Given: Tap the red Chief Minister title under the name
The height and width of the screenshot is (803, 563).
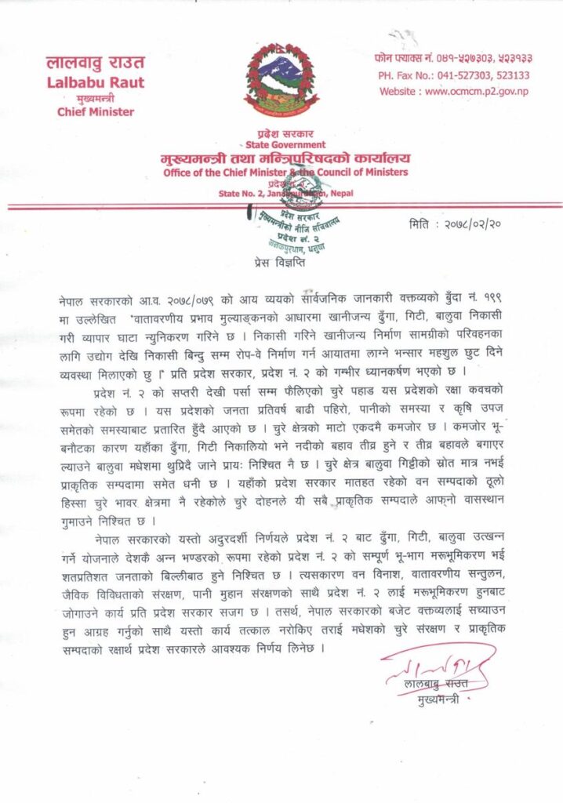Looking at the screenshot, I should (x=96, y=111).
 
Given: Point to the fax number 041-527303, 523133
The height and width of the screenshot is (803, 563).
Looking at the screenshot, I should (x=454, y=76).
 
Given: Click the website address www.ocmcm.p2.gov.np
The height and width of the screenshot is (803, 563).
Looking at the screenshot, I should (x=454, y=92).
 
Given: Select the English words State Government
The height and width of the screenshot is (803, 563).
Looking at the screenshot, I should (x=285, y=145).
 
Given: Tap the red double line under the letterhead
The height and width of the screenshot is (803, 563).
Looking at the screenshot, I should (x=281, y=206).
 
